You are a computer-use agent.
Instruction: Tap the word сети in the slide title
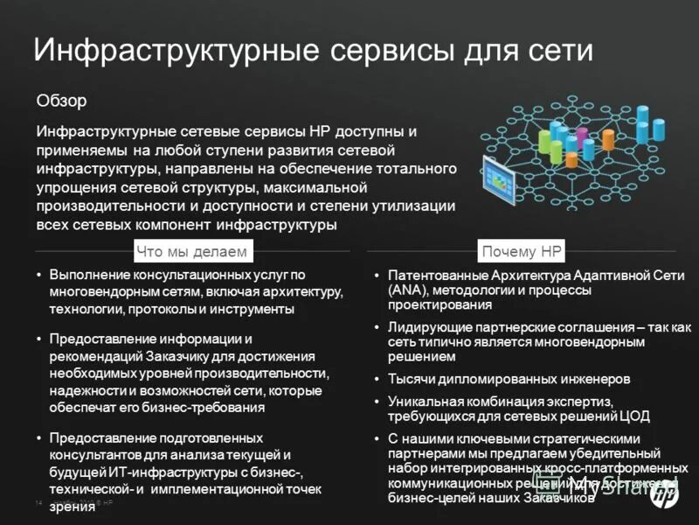point(554,50)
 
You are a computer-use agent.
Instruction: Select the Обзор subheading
point(61,101)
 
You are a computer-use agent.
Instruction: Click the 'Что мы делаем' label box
point(192,252)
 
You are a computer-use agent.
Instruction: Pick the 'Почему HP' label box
point(523,252)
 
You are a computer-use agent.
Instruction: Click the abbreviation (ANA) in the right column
point(409,289)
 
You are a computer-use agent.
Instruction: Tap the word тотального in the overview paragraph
point(415,169)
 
